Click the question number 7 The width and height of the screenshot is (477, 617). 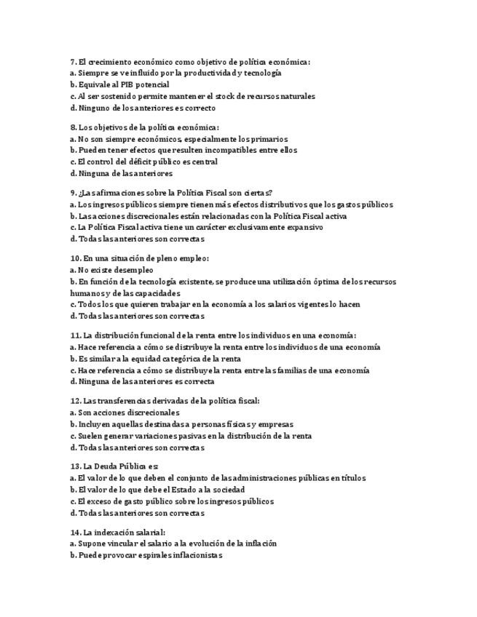73,62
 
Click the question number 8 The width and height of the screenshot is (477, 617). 73,127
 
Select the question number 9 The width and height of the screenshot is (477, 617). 73,193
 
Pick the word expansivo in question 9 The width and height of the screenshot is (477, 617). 304,228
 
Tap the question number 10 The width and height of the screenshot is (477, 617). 75,258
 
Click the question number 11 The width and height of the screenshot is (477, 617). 75,335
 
